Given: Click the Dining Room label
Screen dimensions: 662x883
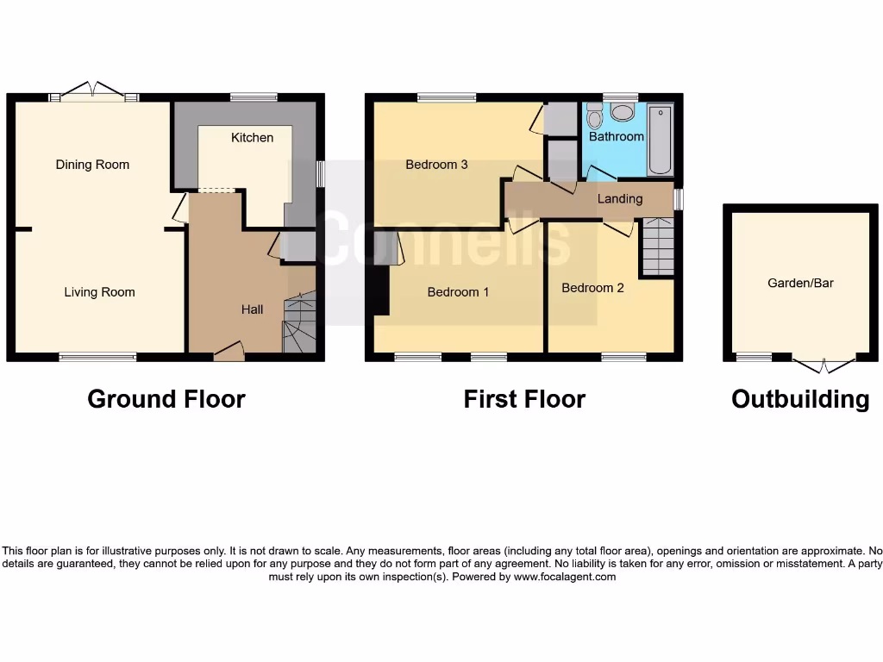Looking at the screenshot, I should pos(92,165).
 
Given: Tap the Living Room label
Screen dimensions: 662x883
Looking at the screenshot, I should pos(99,292).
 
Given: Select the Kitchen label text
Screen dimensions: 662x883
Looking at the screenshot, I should pos(252,138).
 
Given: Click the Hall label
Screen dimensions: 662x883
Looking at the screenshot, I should pos(252,309).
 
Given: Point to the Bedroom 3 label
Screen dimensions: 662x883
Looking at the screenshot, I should pos(436,165).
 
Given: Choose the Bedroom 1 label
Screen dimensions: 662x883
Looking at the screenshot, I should pos(458,292).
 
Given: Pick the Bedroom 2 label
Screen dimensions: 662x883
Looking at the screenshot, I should pos(592,288).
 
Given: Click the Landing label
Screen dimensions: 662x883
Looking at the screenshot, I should pos(620,199).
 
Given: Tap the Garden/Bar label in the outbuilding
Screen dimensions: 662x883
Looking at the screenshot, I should pos(800,283).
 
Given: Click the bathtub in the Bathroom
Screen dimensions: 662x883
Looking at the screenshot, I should pos(661,140).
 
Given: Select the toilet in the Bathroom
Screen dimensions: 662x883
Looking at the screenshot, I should pos(594,116).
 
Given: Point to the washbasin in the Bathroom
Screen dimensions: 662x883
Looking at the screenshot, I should pos(621,112).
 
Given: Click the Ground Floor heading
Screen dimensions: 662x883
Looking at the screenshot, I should pos(166,399).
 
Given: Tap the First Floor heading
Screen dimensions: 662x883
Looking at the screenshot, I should pos(524,399).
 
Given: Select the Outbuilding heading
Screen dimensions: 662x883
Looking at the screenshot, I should pos(800,399).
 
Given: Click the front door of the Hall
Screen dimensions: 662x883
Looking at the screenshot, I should pos(229,350).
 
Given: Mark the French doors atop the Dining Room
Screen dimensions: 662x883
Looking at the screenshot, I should pos(93,91).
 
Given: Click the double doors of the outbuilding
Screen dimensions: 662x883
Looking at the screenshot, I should pos(824,365).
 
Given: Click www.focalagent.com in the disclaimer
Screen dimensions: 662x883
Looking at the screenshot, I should pos(564,577).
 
